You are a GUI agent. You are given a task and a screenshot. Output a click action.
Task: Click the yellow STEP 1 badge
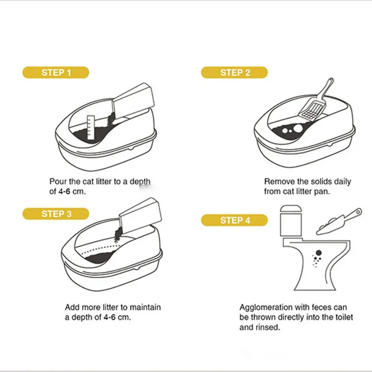pyautogui.click(x=56, y=72)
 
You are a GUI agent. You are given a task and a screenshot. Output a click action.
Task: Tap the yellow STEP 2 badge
pyautogui.click(x=234, y=72)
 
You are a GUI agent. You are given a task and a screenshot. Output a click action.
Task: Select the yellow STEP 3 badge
pyautogui.click(x=56, y=214)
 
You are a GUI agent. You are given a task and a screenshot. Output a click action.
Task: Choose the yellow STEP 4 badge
pyautogui.click(x=234, y=220)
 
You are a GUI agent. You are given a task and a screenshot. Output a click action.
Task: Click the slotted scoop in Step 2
pyautogui.click(x=315, y=102)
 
